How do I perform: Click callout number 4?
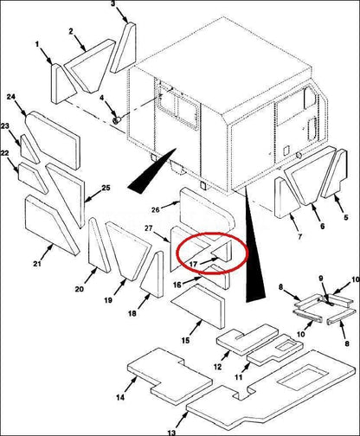tap(101, 98)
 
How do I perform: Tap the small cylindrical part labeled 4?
tap(117, 120)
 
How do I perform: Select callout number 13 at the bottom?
tap(171, 433)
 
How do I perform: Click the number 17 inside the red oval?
tap(193, 264)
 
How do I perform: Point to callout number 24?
tap(11, 97)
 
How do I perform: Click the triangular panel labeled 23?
tap(29, 149)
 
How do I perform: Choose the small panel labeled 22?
tap(32, 177)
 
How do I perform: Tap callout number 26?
tap(156, 209)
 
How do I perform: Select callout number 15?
tap(185, 341)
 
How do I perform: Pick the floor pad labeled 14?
tap(170, 375)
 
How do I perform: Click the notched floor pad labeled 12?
tap(247, 340)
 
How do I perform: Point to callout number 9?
tap(321, 279)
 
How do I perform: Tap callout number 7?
tap(300, 237)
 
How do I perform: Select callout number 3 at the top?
tap(113, 3)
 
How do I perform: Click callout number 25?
tap(106, 188)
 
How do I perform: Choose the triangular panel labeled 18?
tap(152, 274)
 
